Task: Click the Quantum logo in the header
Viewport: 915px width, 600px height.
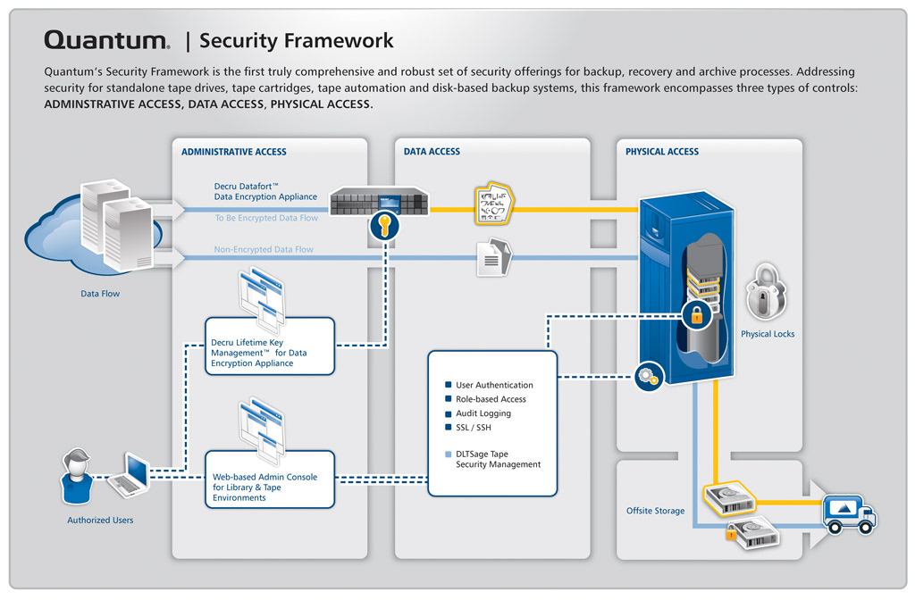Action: coord(106,40)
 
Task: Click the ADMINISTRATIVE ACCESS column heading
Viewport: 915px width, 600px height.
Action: coord(234,152)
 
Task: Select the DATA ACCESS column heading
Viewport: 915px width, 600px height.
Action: coord(432,152)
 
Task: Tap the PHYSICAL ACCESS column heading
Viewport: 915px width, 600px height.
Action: coord(662,152)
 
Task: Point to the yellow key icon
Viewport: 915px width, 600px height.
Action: coord(385,225)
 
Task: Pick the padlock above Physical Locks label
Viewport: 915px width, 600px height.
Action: coord(766,292)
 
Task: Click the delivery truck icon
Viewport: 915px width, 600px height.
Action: coord(848,512)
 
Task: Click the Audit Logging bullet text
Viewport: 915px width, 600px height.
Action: coord(483,413)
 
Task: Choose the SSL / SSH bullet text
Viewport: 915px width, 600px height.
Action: coord(474,428)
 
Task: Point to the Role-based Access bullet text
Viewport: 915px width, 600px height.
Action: coord(491,399)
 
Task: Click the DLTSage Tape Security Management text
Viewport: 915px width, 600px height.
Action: coord(498,459)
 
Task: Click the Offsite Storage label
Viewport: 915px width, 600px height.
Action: coord(655,511)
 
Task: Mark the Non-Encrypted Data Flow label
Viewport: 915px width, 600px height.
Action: coord(264,250)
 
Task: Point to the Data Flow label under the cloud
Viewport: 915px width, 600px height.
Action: coord(100,293)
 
